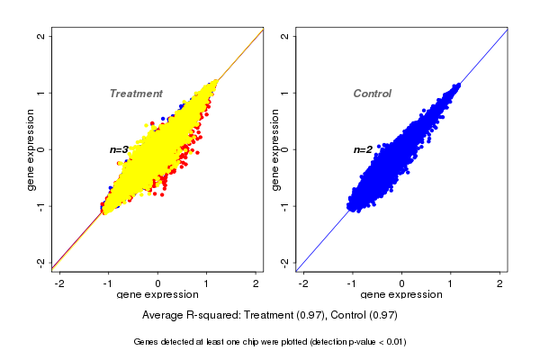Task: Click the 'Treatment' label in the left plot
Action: (x=136, y=94)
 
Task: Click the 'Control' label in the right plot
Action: (x=373, y=94)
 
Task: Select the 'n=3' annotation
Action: (x=120, y=149)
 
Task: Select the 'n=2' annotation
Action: (x=363, y=149)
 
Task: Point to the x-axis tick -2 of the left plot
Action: (x=60, y=283)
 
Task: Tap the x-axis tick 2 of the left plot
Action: (x=256, y=283)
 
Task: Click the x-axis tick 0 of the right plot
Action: (x=402, y=283)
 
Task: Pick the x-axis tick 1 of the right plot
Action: (x=451, y=283)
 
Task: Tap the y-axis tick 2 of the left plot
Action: (x=41, y=36)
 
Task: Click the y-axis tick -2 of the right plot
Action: (x=285, y=262)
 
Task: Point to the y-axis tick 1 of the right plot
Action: (x=285, y=93)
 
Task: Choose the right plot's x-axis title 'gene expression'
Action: (x=402, y=295)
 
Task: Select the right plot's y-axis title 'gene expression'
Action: (x=275, y=149)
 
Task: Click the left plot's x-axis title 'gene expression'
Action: (x=157, y=295)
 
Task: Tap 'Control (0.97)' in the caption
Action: (x=360, y=316)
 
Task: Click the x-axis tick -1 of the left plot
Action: (x=109, y=283)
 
